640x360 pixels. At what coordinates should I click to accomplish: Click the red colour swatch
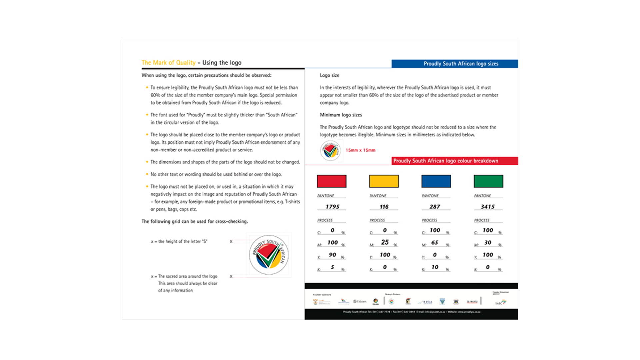tap(331, 181)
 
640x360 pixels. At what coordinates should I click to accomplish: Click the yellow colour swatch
tap(384, 181)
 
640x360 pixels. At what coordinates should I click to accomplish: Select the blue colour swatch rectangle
tap(436, 181)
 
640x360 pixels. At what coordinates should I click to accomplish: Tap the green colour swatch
tap(488, 181)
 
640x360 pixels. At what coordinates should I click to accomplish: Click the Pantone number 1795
tap(332, 207)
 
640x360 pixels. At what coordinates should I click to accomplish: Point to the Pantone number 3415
tap(488, 207)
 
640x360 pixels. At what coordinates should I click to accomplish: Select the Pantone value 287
tap(435, 207)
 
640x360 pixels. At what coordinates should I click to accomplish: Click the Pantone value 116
tap(384, 207)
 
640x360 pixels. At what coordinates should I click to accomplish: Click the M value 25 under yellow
tap(385, 242)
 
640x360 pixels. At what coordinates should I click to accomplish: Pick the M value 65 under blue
tap(435, 242)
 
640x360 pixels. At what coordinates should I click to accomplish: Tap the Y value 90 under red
tap(332, 255)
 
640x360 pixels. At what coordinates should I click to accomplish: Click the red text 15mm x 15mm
tap(360, 150)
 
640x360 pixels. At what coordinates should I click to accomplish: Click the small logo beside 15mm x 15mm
tap(330, 151)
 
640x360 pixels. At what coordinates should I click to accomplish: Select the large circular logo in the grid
tap(269, 255)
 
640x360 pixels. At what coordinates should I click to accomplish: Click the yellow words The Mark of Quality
tap(168, 63)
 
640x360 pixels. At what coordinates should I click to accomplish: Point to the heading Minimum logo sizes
tap(341, 115)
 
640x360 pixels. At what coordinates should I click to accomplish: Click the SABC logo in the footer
tap(500, 302)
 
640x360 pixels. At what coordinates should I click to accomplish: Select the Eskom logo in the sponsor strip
tap(360, 301)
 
